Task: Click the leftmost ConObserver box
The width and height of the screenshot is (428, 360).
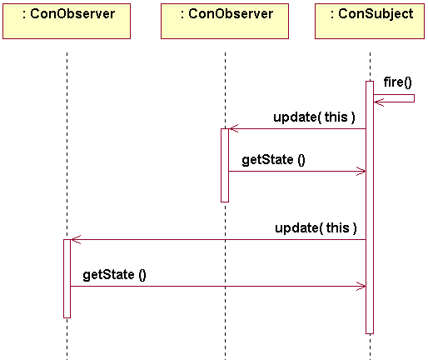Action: tap(67, 21)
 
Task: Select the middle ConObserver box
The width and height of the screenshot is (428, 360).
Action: tap(225, 21)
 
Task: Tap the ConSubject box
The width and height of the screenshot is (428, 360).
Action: tap(370, 21)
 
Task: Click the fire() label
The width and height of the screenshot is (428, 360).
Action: tap(397, 82)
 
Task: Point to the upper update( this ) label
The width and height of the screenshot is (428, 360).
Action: tap(314, 117)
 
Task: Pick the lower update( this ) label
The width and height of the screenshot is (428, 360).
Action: tap(316, 228)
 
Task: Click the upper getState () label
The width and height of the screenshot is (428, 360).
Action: tap(273, 160)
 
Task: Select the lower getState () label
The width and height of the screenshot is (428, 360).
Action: tap(114, 275)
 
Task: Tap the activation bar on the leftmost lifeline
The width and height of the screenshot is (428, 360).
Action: tap(67, 278)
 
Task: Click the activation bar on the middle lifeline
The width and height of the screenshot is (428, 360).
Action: tap(225, 165)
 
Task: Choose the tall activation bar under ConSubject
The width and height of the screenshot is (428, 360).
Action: tap(370, 207)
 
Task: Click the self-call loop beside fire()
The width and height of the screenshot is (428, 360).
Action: tap(415, 98)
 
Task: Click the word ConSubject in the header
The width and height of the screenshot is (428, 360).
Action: tap(376, 14)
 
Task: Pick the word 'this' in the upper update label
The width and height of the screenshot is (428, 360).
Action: tap(336, 117)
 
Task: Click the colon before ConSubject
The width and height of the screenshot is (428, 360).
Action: tap(332, 15)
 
